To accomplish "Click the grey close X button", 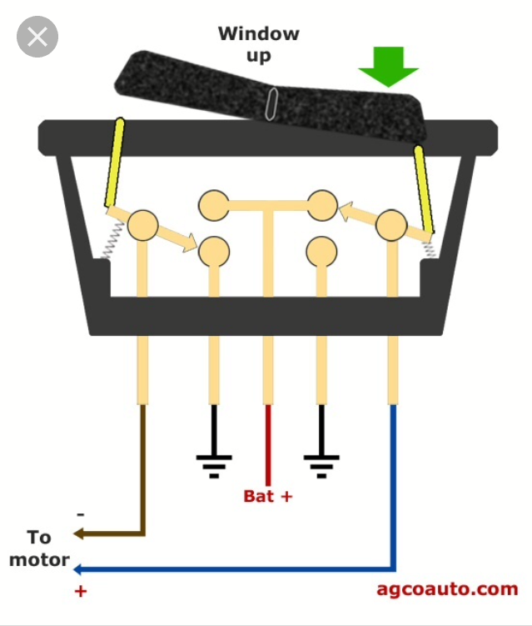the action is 37,37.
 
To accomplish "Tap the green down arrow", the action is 389,66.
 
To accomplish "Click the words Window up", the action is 258,44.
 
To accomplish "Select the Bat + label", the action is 268,496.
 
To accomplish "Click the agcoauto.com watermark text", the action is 447,589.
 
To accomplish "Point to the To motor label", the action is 39,548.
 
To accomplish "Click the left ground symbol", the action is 214,467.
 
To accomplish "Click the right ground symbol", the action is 321,467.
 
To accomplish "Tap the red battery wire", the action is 268,445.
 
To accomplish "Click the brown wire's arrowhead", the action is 79,533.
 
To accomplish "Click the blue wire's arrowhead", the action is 79,569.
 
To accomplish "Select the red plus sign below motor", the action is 81,591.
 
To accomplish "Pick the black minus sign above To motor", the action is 81,514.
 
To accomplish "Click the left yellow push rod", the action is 114,162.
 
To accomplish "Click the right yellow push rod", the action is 424,189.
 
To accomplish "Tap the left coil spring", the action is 112,240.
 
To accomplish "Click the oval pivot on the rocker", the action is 271,104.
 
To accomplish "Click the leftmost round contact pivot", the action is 142,225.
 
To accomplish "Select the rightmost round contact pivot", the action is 391,225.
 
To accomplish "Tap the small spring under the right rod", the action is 430,248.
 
